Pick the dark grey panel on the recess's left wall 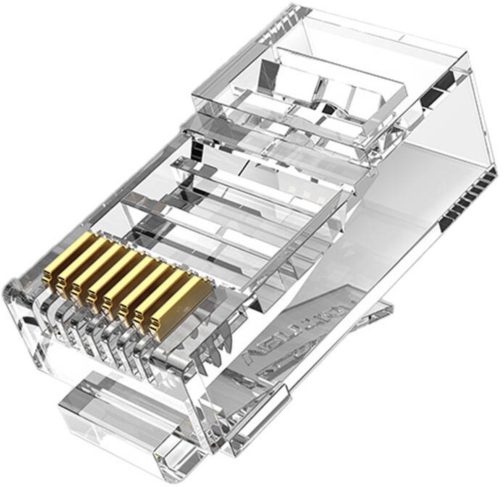click(269, 71)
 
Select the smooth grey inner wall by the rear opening click(420, 168)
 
